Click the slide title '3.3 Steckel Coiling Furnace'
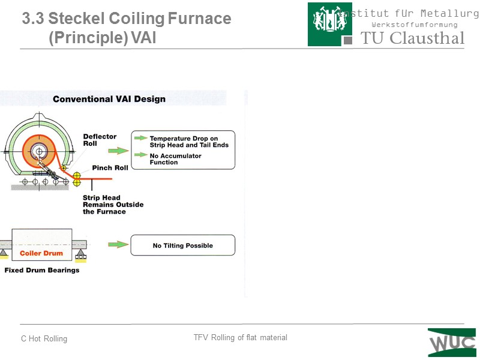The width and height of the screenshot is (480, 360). click(127, 19)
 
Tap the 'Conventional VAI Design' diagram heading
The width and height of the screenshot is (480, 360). click(109, 99)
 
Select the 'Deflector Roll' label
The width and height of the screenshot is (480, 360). click(100, 140)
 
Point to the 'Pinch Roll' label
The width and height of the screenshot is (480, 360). click(110, 168)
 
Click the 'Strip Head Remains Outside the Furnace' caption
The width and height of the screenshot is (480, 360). click(113, 205)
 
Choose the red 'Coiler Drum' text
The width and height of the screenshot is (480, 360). click(41, 253)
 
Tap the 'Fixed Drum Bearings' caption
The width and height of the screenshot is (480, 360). click(42, 270)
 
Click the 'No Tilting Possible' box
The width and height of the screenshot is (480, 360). click(183, 245)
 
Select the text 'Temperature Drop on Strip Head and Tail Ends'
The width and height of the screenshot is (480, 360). click(189, 142)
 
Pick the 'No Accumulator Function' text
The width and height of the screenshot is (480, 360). click(175, 159)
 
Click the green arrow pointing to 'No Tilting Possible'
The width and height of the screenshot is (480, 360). click(118, 245)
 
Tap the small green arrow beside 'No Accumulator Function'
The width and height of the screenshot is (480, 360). click(140, 155)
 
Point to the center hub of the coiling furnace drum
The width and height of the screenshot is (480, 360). click(40, 151)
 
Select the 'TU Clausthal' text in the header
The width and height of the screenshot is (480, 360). click(412, 38)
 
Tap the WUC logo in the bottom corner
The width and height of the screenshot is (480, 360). click(452, 343)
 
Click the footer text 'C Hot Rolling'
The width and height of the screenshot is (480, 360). click(44, 339)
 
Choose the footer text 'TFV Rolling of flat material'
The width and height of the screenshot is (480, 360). click(240, 338)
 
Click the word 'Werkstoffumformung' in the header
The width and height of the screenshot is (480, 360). click(415, 25)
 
